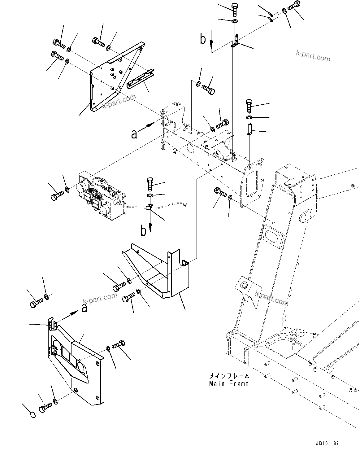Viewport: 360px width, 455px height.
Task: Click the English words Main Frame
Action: [229, 384]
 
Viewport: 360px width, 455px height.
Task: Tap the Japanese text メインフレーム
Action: [229, 376]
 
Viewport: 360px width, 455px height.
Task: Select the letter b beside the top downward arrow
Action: [203, 40]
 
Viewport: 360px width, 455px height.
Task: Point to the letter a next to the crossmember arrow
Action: [134, 134]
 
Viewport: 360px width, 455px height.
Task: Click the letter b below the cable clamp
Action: [143, 231]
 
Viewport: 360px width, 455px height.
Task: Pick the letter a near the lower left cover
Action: [84, 308]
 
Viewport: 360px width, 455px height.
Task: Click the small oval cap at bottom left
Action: [32, 414]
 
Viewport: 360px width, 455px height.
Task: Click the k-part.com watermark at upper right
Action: [313, 56]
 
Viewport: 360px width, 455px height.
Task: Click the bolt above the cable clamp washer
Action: [150, 184]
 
